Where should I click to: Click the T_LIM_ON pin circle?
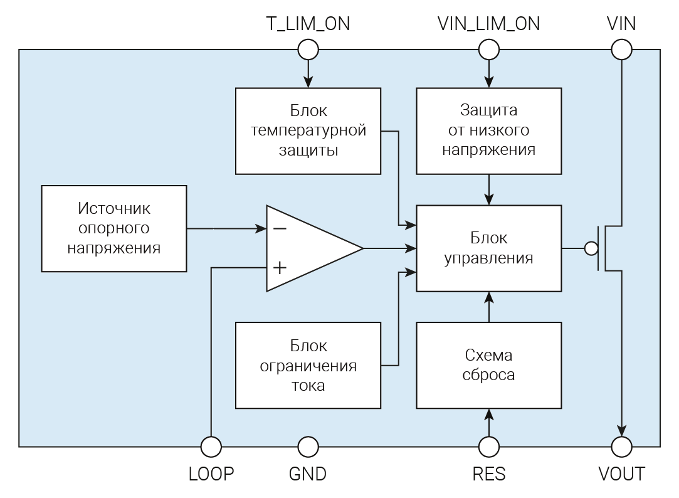(308, 49)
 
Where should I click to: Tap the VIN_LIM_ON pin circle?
(489, 49)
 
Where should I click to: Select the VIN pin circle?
(621, 49)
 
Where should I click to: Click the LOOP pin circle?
(211, 447)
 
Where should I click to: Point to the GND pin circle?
(308, 447)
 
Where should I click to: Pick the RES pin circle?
(489, 447)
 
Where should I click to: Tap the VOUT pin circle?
(621, 447)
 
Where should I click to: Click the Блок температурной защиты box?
(308, 130)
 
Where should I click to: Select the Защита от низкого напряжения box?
(489, 130)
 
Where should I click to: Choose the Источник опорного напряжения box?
(113, 228)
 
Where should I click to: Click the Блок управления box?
(489, 248)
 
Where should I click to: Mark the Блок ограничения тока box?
(308, 365)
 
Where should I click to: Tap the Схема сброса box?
(489, 365)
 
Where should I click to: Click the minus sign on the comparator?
(280, 228)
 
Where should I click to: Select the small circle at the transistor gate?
(591, 248)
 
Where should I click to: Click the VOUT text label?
(621, 474)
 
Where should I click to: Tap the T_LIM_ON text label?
(308, 24)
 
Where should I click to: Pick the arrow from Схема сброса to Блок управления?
(489, 307)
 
